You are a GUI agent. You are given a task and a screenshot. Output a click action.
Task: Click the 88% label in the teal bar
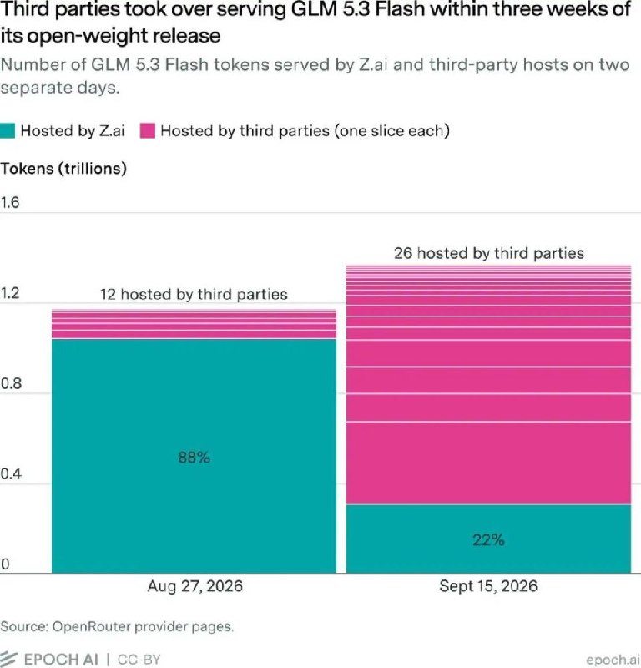[194, 458]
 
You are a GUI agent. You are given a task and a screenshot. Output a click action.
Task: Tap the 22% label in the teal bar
[488, 540]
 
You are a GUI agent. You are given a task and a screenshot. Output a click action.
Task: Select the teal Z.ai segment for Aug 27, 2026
[194, 456]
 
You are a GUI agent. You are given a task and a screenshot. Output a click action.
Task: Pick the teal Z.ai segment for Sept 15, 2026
[488, 539]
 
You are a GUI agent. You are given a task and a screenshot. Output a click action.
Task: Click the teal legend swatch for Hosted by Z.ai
[8, 131]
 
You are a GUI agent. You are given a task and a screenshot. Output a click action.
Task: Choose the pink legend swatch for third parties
[148, 131]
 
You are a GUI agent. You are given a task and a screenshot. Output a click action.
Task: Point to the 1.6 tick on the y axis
[10, 202]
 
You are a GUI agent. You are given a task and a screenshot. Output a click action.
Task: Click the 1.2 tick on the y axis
[10, 293]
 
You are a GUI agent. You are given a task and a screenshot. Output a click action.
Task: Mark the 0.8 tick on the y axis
[10, 383]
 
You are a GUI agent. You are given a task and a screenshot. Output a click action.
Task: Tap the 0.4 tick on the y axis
[10, 473]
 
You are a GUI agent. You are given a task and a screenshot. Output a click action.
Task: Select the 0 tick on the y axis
[5, 564]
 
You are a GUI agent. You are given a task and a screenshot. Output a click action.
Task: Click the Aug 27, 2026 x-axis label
[194, 586]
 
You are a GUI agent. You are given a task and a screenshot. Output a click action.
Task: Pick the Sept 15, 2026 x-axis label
[488, 586]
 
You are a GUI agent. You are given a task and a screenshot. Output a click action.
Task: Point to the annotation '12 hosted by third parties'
[194, 295]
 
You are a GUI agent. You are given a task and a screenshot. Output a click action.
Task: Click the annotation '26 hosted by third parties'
[488, 254]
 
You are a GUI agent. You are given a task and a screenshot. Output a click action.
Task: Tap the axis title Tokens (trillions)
[63, 169]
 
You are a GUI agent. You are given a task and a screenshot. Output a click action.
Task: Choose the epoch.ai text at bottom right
[613, 660]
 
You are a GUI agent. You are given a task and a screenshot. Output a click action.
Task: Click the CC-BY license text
[139, 660]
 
